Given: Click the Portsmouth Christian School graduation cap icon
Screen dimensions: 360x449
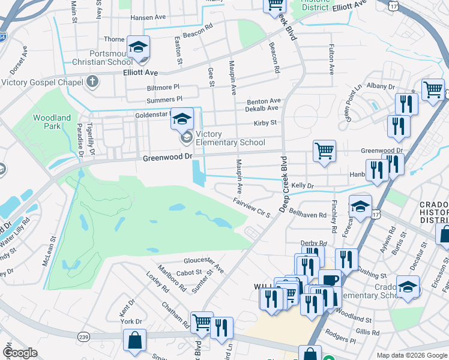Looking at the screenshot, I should coord(138,47).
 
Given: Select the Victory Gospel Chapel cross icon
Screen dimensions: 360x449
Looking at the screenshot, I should coord(92,80).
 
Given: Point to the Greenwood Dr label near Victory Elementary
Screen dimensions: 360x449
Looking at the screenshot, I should coord(167,157).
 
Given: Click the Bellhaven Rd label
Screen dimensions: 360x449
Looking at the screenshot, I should coord(307,214).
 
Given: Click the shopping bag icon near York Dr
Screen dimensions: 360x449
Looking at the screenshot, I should coord(134,341).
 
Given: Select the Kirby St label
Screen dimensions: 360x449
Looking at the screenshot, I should coord(265,122).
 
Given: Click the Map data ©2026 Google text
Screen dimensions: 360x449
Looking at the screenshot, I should coord(412,355).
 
